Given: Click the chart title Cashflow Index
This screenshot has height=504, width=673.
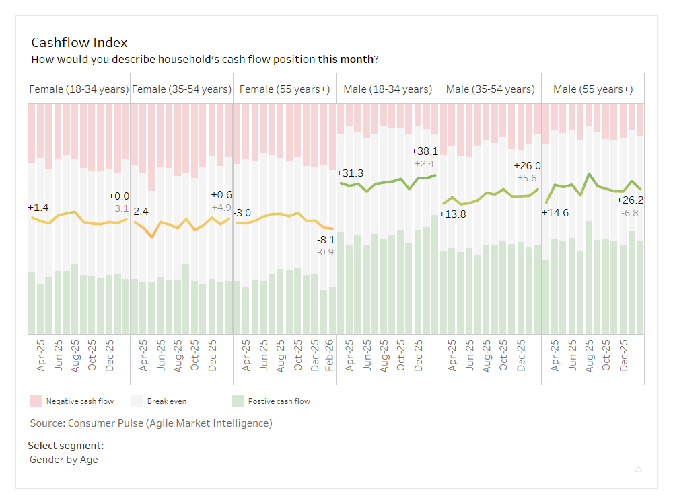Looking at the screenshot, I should (79, 43).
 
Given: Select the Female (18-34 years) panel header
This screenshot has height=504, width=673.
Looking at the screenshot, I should (79, 89).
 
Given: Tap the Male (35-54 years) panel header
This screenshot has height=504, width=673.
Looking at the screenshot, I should (490, 89).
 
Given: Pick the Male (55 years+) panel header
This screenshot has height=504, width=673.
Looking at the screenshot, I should (593, 89).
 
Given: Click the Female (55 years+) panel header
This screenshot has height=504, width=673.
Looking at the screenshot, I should (285, 89).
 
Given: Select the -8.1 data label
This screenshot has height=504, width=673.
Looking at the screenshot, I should (326, 239).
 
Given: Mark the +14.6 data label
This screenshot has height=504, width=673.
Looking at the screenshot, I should (555, 213).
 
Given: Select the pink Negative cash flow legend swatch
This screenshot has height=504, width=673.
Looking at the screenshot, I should (36, 401).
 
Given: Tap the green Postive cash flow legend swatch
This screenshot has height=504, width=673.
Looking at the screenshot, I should (238, 401).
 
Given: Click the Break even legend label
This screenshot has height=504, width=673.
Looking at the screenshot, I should (167, 401).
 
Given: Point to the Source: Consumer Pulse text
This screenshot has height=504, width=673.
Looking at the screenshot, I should (151, 423).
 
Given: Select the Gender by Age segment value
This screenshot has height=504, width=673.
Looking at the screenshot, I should (64, 460).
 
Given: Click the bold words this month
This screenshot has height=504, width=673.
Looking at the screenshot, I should (346, 59).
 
